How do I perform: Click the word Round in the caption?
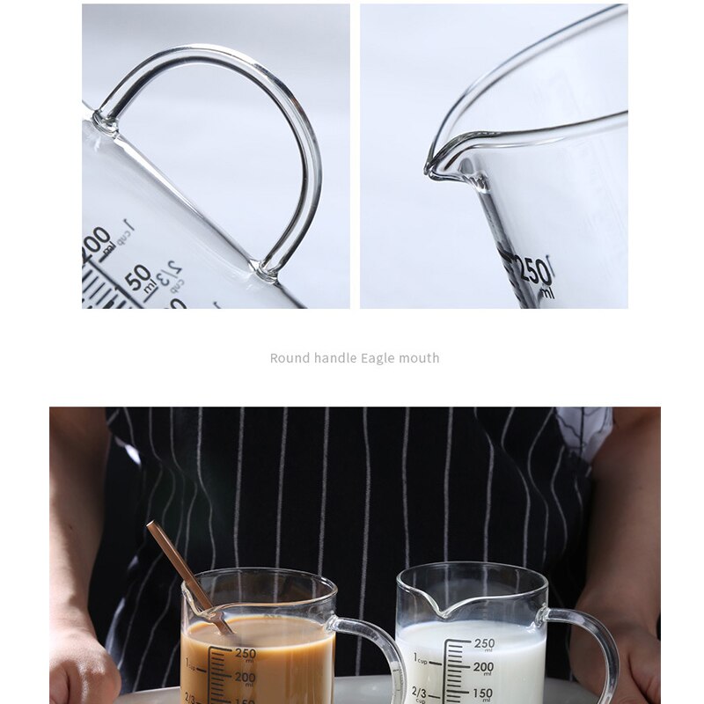tap(290, 358)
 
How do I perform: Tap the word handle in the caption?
tap(335, 358)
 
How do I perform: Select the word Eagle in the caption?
tap(379, 358)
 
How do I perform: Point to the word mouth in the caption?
tap(420, 358)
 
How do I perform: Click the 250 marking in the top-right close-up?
tap(534, 270)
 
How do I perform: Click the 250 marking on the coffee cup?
tap(245, 654)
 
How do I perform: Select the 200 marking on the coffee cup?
tap(245, 678)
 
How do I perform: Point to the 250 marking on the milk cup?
tap(484, 644)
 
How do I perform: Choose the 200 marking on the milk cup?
tap(483, 668)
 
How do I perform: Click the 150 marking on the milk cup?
tap(483, 693)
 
